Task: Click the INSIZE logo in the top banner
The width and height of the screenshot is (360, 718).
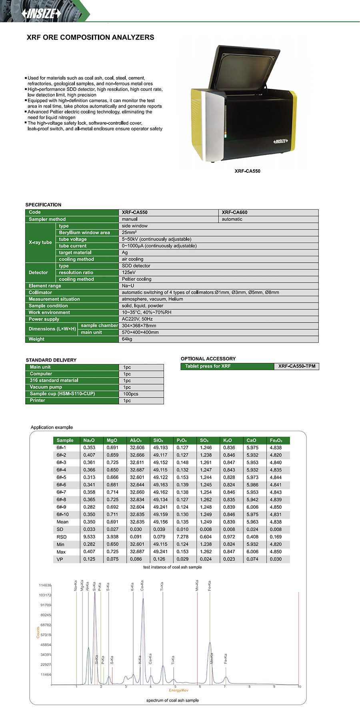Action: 41,14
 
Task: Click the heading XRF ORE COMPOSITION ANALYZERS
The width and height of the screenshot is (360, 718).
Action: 90,37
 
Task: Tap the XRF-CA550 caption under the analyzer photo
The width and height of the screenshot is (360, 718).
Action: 247,171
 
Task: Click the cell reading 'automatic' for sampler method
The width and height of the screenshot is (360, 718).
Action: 232,219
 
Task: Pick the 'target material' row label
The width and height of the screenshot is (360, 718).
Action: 75,252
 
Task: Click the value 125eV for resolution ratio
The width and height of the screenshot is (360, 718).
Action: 129,272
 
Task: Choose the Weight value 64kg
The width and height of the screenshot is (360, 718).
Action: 127,339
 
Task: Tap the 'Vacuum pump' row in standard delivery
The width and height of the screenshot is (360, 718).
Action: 46,387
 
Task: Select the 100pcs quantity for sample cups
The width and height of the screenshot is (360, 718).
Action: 130,394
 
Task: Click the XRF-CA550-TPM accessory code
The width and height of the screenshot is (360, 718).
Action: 297,366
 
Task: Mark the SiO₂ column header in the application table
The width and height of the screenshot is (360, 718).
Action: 158,440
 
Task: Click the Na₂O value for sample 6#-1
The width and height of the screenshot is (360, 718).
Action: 89,448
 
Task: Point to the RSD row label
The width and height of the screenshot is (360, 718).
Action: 62,537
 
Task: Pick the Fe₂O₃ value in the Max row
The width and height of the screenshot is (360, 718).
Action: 276,552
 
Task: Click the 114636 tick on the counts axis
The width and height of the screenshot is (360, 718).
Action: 45,585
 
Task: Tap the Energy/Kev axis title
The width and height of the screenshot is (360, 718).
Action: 178,690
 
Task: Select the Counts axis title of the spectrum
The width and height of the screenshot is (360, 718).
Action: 38,632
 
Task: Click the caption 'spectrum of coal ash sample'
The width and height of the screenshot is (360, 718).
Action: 172,700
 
